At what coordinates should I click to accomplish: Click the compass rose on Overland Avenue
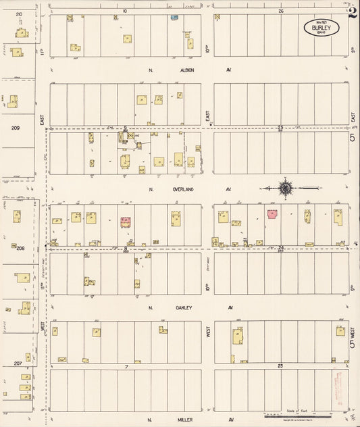coord(286,187)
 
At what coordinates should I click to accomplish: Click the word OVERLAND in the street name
coord(180,189)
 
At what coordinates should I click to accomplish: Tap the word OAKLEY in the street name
coord(184,307)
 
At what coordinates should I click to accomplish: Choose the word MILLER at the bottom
coord(185,419)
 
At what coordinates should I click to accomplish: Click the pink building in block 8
coord(125,220)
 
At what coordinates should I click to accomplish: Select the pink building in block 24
coord(272,214)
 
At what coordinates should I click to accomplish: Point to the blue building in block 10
coord(175,17)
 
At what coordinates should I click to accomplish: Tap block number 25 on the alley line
coord(280,127)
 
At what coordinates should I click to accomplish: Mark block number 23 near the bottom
coord(280,366)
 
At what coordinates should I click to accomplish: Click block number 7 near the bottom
coord(126,366)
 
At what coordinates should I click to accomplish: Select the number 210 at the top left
coord(18,14)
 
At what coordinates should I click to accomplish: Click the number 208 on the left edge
coord(20,248)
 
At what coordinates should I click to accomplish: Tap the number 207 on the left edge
coord(18,363)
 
